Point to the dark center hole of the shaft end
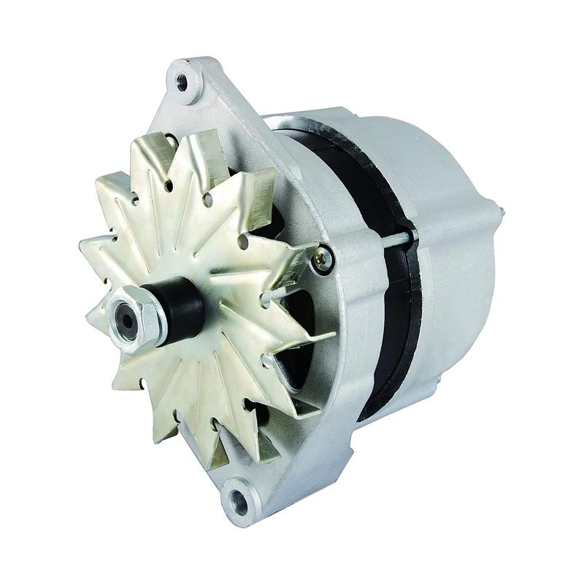click(126, 320)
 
